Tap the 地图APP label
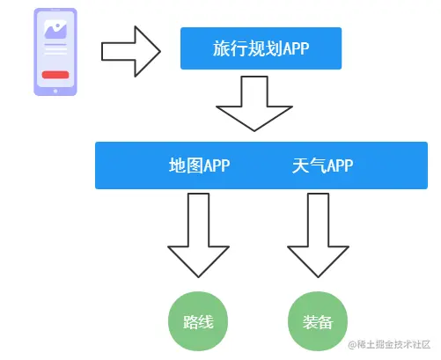point(199,165)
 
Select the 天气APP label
point(322,165)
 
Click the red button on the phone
point(55,75)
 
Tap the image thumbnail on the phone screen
point(55,31)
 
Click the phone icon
point(55,51)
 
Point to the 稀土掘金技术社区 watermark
point(388,344)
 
